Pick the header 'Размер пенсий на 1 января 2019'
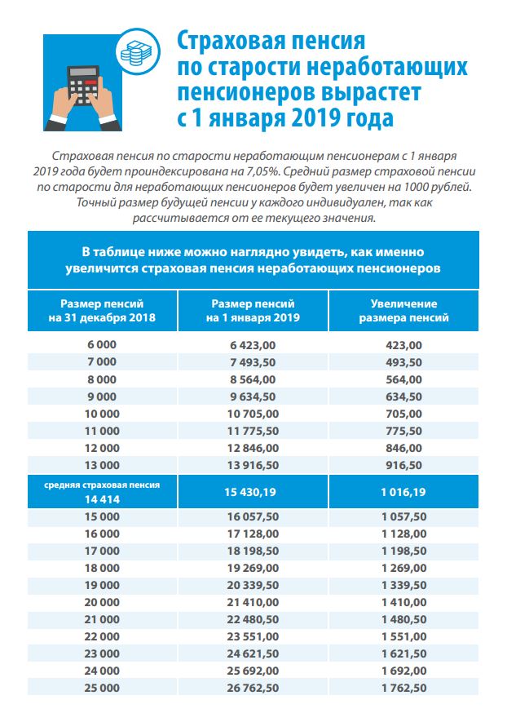point(253,310)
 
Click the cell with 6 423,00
point(253,345)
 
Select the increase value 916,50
point(403,465)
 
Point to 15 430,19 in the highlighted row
point(253,491)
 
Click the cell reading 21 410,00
point(253,603)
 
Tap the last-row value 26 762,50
point(253,689)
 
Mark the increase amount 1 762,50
point(403,689)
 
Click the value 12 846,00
point(253,448)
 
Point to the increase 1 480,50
point(403,620)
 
